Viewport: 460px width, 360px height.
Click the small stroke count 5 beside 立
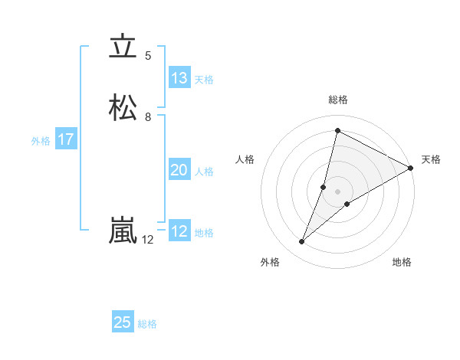(148, 56)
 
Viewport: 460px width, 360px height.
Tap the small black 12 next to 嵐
(148, 240)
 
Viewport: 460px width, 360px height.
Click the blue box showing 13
(179, 78)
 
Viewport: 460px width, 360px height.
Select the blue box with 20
(179, 170)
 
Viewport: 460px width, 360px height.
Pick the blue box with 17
(65, 139)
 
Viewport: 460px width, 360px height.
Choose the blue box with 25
(123, 322)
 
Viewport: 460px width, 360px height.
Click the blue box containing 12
(179, 231)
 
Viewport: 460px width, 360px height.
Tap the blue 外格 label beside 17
(41, 141)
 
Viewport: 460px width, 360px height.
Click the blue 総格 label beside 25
(147, 324)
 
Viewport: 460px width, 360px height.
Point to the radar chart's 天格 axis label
(431, 159)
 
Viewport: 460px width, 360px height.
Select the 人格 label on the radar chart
(245, 159)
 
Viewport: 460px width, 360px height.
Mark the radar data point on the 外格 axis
(301, 242)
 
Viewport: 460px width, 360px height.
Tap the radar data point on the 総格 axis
(337, 131)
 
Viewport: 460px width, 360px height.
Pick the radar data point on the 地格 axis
(347, 204)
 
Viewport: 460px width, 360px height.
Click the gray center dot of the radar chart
(337, 191)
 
